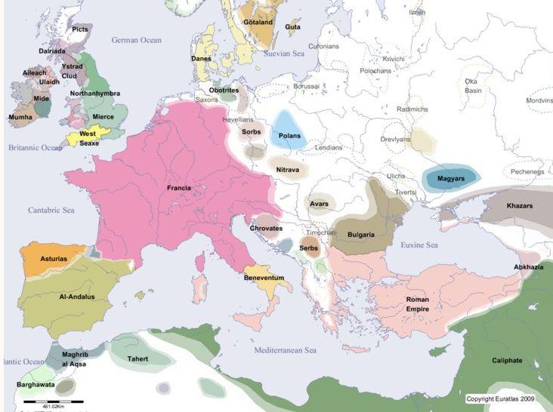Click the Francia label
tap(178, 187)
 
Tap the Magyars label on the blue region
tap(450, 178)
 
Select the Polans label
tap(289, 136)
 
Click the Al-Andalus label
tap(77, 297)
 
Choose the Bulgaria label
tap(361, 235)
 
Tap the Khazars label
tap(520, 205)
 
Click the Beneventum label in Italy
tap(264, 278)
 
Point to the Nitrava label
tap(288, 170)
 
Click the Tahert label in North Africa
tap(137, 358)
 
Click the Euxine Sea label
tap(419, 245)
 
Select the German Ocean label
tap(137, 39)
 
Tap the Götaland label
tap(258, 22)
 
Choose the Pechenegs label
tap(526, 172)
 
